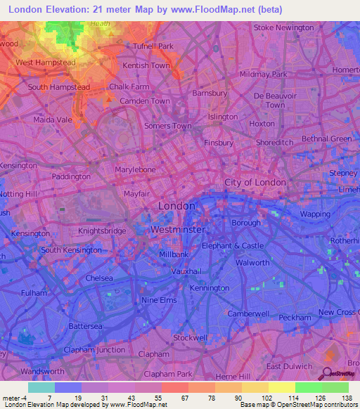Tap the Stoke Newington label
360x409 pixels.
click(283, 27)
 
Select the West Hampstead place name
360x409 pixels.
click(45, 63)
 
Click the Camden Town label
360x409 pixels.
click(146, 101)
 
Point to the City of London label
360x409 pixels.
click(255, 182)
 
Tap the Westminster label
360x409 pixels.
click(178, 230)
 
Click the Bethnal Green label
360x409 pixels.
click(326, 139)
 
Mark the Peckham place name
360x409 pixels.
click(294, 318)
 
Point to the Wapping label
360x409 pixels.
click(314, 214)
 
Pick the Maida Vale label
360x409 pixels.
click(53, 119)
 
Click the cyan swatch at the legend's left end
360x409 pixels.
click(41, 387)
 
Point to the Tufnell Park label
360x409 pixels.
click(153, 46)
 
